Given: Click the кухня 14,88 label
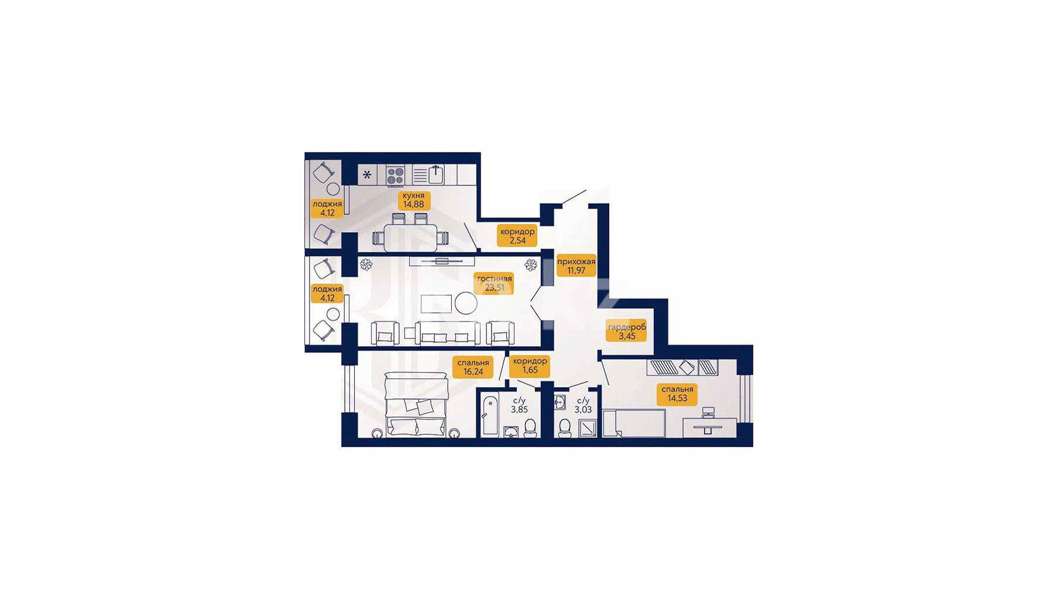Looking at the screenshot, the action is (413, 200).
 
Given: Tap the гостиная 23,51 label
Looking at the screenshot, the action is (495, 283).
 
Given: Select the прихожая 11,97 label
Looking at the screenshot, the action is (576, 266).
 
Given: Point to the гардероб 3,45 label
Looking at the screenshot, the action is (627, 332).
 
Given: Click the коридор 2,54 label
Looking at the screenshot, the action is (517, 236).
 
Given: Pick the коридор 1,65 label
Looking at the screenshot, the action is (530, 365).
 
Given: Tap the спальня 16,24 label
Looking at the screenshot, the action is (473, 367).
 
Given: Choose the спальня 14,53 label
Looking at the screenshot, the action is (677, 394).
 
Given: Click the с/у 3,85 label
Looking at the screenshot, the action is (519, 405).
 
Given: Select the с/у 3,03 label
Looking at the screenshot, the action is (583, 405).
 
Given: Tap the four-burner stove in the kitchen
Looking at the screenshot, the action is (396, 176).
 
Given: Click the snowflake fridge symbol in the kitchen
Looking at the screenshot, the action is (368, 175).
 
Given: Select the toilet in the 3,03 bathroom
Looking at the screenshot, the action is (565, 428).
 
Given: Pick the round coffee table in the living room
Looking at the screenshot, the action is (466, 303).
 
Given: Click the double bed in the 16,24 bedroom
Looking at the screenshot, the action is (416, 406).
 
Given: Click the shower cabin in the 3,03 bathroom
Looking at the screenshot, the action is (588, 429).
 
